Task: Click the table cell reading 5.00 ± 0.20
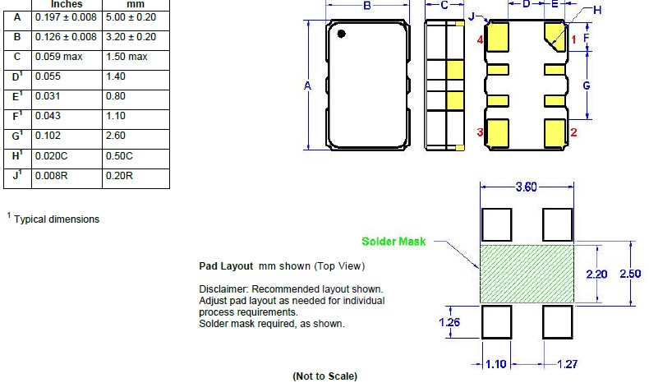pos(131,17)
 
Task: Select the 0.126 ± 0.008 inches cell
pos(66,37)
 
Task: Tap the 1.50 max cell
pos(127,57)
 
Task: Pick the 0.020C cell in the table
pos(120,155)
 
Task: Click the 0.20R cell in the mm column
pos(120,176)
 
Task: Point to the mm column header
pos(136,4)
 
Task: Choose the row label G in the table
pos(17,136)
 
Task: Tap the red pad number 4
pos(480,40)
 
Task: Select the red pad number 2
pos(574,132)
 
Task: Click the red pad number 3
pos(480,132)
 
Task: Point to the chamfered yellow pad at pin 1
pos(554,37)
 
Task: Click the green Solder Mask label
pos(394,242)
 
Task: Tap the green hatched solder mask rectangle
pos(526,272)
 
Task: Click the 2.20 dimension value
pos(596,274)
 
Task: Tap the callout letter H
pos(597,10)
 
